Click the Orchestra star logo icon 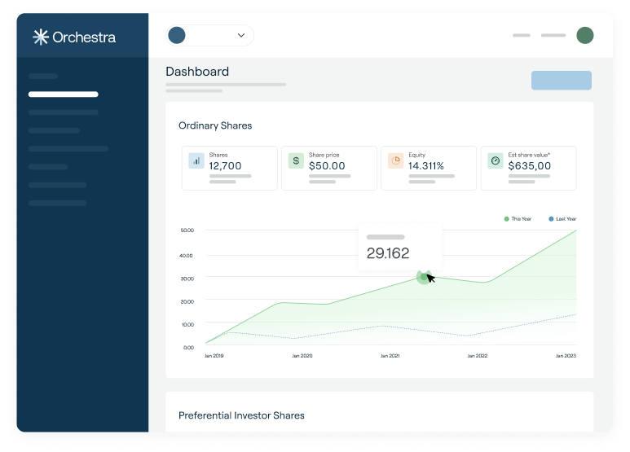pyautogui.click(x=41, y=37)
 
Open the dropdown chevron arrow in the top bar pyautogui.click(x=241, y=35)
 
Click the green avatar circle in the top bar pyautogui.click(x=585, y=35)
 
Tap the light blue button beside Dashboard pyautogui.click(x=562, y=81)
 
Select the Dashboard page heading pyautogui.click(x=197, y=72)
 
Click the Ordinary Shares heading pyautogui.click(x=215, y=125)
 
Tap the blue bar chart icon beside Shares pyautogui.click(x=196, y=161)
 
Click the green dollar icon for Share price pyautogui.click(x=296, y=161)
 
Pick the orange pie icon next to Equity pyautogui.click(x=396, y=161)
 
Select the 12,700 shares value pyautogui.click(x=225, y=166)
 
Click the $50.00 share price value pyautogui.click(x=327, y=166)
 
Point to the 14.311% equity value pyautogui.click(x=426, y=166)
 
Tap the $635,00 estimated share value pyautogui.click(x=529, y=166)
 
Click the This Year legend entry pyautogui.click(x=518, y=219)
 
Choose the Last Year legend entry pyautogui.click(x=562, y=219)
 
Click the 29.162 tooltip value pyautogui.click(x=388, y=253)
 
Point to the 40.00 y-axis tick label pyautogui.click(x=186, y=255)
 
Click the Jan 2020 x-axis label pyautogui.click(x=302, y=356)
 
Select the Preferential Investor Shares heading pyautogui.click(x=241, y=415)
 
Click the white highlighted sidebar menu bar pyautogui.click(x=63, y=94)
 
